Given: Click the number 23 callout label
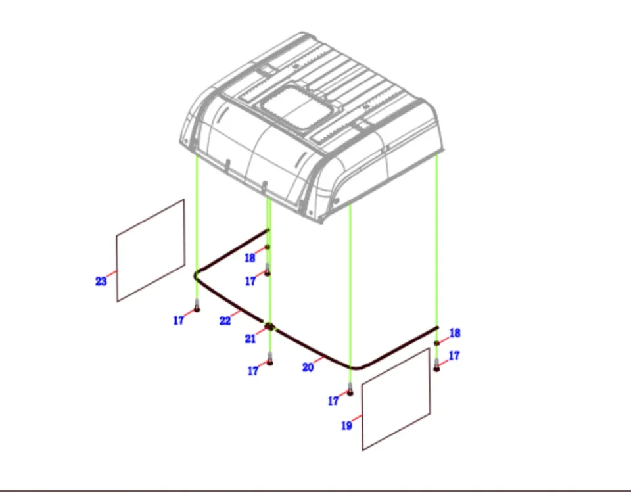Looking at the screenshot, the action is pyautogui.click(x=101, y=281).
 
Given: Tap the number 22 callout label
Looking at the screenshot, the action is pyautogui.click(x=225, y=321).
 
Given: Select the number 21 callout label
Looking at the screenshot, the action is pyautogui.click(x=250, y=339).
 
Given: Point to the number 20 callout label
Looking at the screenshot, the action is pyautogui.click(x=308, y=367).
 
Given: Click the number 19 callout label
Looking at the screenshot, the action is pyautogui.click(x=346, y=425).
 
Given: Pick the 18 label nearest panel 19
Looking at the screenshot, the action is pyautogui.click(x=455, y=333).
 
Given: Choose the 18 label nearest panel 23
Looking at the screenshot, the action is pyautogui.click(x=250, y=258).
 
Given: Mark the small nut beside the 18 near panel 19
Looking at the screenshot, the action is pyautogui.click(x=437, y=343).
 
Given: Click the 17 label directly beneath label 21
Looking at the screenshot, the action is pyautogui.click(x=252, y=371).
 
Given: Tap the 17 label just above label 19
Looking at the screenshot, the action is pyautogui.click(x=333, y=401).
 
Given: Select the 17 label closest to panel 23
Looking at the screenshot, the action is pyautogui.click(x=178, y=320).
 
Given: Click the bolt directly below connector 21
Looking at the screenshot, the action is pyautogui.click(x=269, y=359).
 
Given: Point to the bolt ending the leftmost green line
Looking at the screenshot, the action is pyautogui.click(x=197, y=306).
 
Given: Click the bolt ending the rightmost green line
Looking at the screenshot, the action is pyautogui.click(x=437, y=365).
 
